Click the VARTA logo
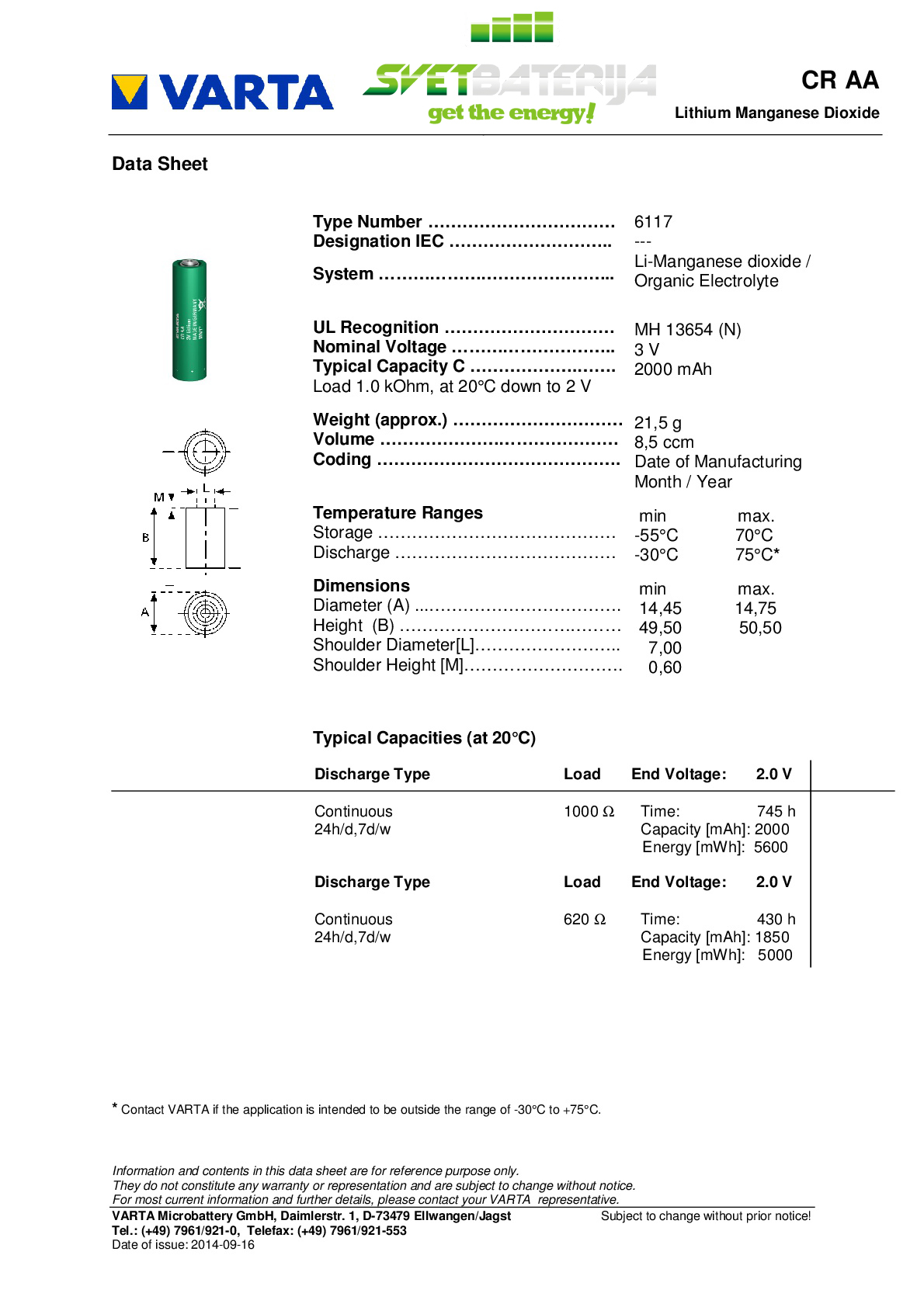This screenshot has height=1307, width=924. (x=223, y=92)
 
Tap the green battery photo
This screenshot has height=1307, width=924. (x=189, y=320)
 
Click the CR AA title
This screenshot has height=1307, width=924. (x=839, y=80)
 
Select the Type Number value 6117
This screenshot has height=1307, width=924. (x=653, y=222)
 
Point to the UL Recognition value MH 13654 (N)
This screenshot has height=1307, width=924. (x=687, y=330)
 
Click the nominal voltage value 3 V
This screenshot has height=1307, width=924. (x=646, y=350)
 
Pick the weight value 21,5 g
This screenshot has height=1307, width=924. (x=658, y=423)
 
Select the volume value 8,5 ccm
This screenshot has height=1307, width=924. (x=664, y=442)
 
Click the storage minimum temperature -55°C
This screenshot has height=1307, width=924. (x=656, y=536)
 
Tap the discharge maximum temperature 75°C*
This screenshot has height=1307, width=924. (x=757, y=555)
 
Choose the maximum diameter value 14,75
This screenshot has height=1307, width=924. (x=756, y=608)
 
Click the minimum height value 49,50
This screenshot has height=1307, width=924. (x=660, y=628)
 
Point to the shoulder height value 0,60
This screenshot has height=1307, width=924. (x=665, y=667)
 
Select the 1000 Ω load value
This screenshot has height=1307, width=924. (x=589, y=812)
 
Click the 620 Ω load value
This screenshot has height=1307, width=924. (x=584, y=920)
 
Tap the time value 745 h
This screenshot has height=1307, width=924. (x=776, y=812)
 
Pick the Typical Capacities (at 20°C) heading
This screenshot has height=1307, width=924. (x=424, y=738)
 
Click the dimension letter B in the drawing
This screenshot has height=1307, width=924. (x=145, y=537)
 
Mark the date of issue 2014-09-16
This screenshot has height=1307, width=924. (x=223, y=1245)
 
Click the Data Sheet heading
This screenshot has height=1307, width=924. (x=160, y=164)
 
